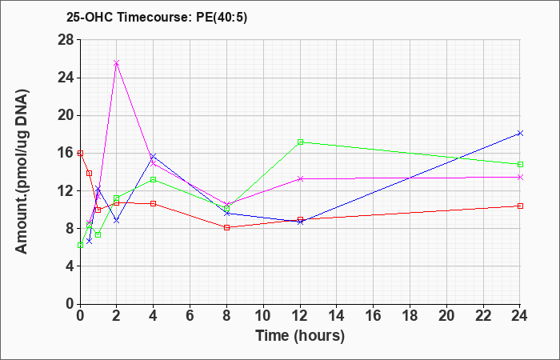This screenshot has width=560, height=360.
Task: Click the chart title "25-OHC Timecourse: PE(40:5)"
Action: [157, 17]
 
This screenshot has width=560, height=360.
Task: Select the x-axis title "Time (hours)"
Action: [300, 336]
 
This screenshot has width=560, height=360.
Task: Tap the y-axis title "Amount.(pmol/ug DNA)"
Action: [22, 171]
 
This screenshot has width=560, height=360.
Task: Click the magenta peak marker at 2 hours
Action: [117, 63]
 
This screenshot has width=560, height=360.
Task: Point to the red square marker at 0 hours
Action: [80, 154]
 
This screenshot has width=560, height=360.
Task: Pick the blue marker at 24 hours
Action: [520, 134]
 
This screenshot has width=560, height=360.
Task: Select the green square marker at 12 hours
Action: [300, 142]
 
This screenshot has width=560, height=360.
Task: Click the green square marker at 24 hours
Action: [520, 164]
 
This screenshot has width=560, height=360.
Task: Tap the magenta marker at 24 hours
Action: [520, 177]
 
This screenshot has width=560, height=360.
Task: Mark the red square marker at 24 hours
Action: [520, 206]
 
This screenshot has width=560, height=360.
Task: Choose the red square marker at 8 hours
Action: [226, 227]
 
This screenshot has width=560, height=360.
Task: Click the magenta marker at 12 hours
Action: [300, 179]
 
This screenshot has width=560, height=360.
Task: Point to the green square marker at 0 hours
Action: [80, 246]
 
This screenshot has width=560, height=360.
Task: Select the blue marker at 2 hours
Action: [117, 221]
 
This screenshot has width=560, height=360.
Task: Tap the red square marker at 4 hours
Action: [154, 203]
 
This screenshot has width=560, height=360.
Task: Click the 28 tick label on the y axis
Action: [66, 40]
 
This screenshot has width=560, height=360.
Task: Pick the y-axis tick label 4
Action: [70, 266]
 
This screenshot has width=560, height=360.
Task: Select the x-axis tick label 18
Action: [410, 316]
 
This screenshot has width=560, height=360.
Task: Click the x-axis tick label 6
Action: [190, 316]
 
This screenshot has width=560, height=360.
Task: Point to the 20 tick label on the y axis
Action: [66, 116]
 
